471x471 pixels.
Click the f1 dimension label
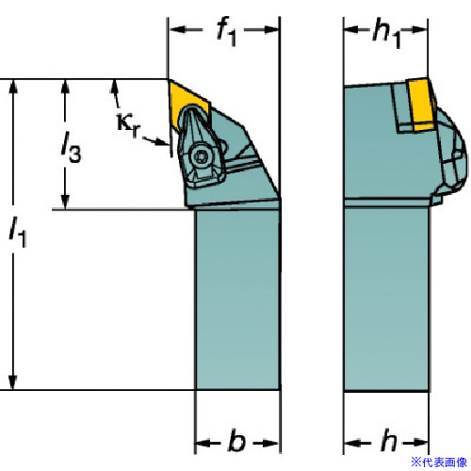[226, 31]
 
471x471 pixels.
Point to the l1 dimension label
[18, 232]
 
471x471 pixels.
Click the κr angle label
[127, 124]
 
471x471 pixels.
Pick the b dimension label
[236, 440]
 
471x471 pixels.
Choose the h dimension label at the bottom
[389, 440]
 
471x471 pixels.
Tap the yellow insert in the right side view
[421, 104]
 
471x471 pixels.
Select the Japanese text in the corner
[439, 462]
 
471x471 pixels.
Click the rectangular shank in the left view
[237, 300]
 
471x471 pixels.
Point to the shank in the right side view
[386, 299]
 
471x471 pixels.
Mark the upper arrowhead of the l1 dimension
[13, 87]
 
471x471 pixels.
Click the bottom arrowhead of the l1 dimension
[13, 382]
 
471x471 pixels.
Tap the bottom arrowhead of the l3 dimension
[65, 202]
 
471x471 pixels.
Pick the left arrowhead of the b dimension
[203, 444]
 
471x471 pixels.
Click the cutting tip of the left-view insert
[169, 80]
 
